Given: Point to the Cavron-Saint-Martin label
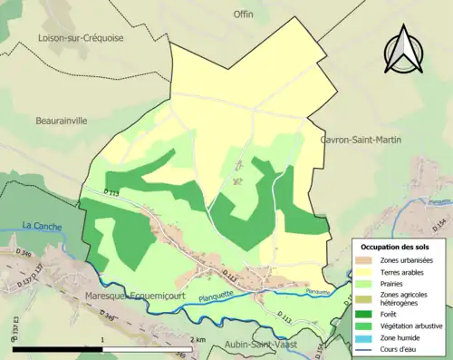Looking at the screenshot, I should (361, 140).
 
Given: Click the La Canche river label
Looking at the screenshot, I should (39, 226).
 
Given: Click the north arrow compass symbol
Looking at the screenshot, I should (403, 56).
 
